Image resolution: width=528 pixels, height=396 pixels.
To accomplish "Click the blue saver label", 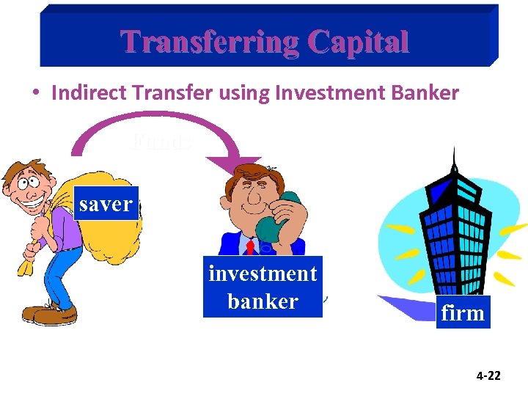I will click(x=106, y=204).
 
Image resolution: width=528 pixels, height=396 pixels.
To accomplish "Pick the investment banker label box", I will click(x=263, y=287).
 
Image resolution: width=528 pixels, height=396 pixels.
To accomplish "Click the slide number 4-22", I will click(x=488, y=375).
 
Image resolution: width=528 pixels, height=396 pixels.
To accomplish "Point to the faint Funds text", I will click(x=162, y=140).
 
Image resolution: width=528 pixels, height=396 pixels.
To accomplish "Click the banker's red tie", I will click(x=250, y=246).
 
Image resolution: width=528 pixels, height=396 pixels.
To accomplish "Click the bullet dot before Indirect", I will click(x=35, y=94).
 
